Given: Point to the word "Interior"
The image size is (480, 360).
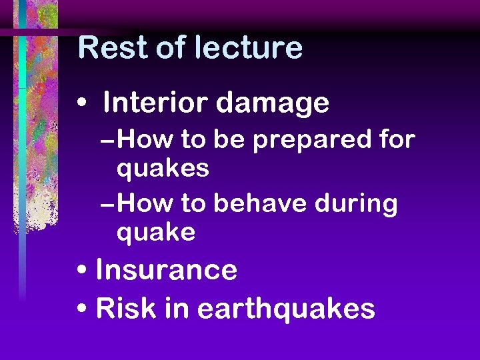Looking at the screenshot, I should [155, 103].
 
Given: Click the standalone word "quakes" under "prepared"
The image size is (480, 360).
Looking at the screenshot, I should [163, 169].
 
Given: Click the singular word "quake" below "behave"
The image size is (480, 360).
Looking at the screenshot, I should [156, 233].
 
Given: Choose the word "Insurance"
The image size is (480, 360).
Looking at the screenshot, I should [167, 271].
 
